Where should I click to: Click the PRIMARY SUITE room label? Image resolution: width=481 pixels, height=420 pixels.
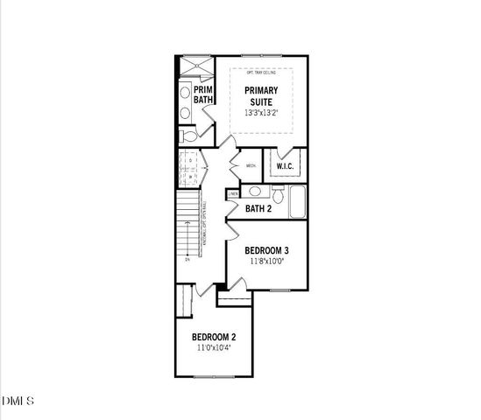(x=261, y=95)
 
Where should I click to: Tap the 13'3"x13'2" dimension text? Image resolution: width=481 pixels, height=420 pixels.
(x=261, y=113)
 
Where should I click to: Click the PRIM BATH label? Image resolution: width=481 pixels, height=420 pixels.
(x=203, y=94)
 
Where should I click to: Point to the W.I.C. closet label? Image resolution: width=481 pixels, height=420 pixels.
(x=285, y=166)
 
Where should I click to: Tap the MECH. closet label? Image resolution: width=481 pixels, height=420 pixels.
(x=251, y=165)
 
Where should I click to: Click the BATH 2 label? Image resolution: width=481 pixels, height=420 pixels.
(x=258, y=209)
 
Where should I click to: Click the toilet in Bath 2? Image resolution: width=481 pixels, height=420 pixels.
(x=277, y=192)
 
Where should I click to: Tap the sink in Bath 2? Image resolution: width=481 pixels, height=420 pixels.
(x=254, y=191)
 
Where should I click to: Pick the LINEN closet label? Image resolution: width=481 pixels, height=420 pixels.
(x=233, y=193)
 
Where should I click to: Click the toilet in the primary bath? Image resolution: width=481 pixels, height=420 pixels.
(x=187, y=136)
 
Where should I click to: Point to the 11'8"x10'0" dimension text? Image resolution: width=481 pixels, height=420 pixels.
(x=267, y=261)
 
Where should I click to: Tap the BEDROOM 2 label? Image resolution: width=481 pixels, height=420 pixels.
(x=214, y=337)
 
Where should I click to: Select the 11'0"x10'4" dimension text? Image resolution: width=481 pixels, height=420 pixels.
(x=214, y=347)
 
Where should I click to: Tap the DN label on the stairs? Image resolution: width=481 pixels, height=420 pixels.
(x=187, y=260)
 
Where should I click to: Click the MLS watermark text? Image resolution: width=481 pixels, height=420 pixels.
(x=18, y=402)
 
